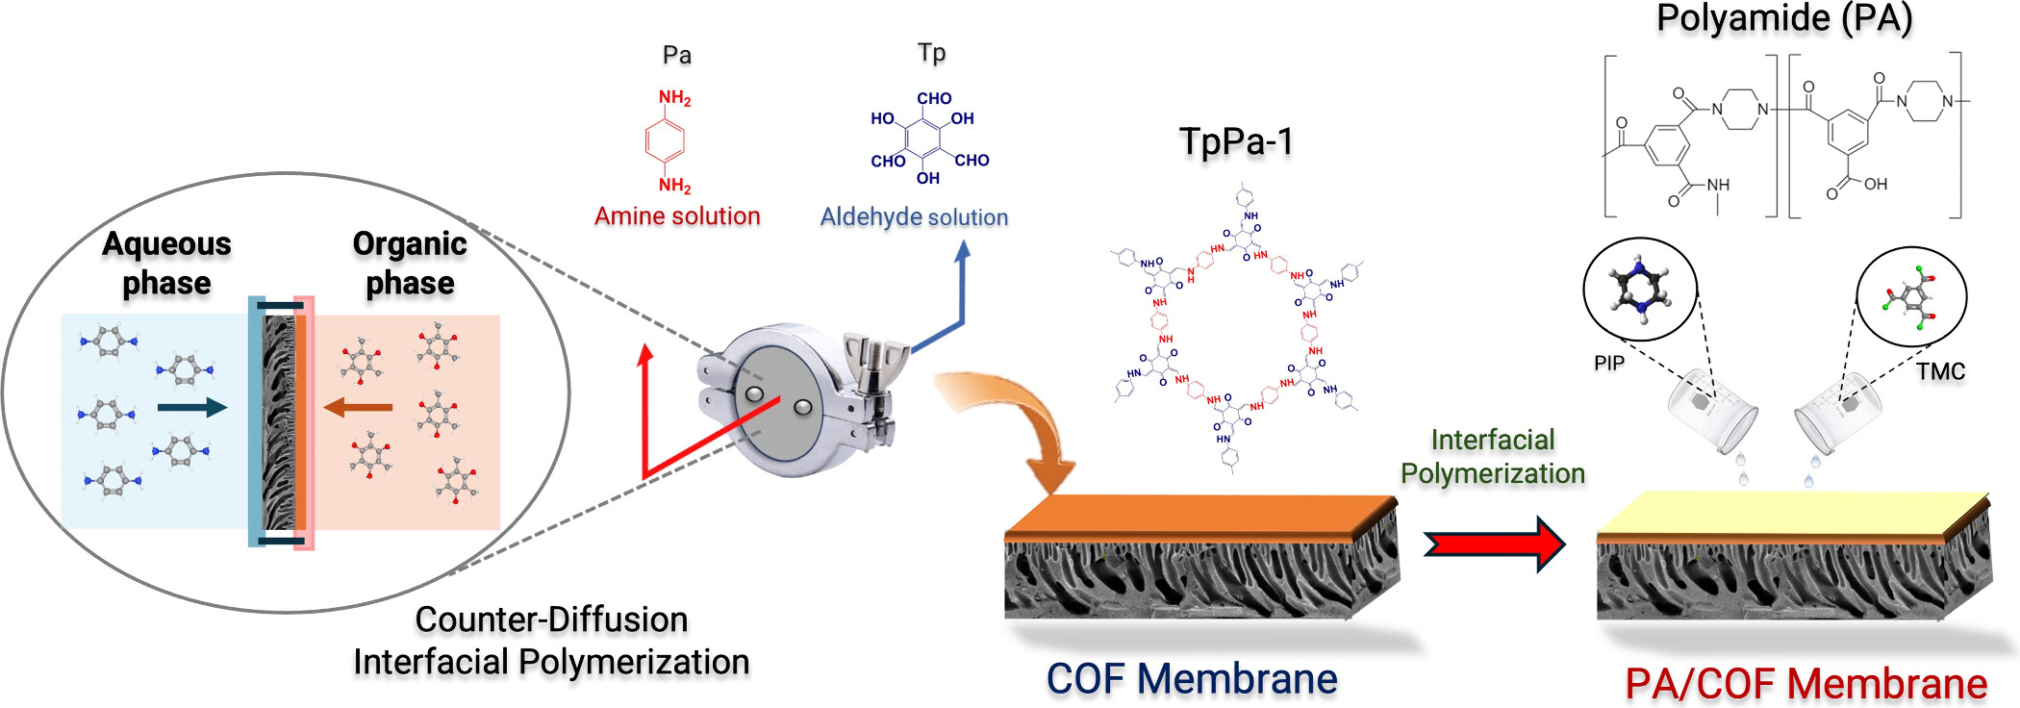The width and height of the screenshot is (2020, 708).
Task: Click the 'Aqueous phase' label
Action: [166, 263]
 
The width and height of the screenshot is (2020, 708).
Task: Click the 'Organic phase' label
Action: [410, 263]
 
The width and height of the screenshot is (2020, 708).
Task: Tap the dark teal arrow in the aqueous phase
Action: [191, 408]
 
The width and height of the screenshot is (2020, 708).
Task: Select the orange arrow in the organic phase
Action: [358, 408]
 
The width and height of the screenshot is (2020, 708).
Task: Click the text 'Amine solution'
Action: [677, 216]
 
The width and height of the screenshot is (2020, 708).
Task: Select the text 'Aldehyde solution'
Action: [914, 217]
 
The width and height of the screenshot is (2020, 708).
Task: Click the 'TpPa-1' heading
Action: [1236, 141]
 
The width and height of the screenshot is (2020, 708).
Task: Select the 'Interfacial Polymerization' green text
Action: [1492, 457]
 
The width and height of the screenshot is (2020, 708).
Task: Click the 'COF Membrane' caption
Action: [1192, 679]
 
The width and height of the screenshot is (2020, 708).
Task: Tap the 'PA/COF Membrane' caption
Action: [1805, 684]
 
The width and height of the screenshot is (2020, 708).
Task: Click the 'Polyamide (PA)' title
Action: [1784, 18]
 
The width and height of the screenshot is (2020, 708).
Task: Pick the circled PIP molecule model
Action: [1640, 289]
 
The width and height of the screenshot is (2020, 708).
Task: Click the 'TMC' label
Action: [1939, 371]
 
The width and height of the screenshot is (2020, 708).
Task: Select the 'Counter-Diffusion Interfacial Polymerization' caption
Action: [551, 641]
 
